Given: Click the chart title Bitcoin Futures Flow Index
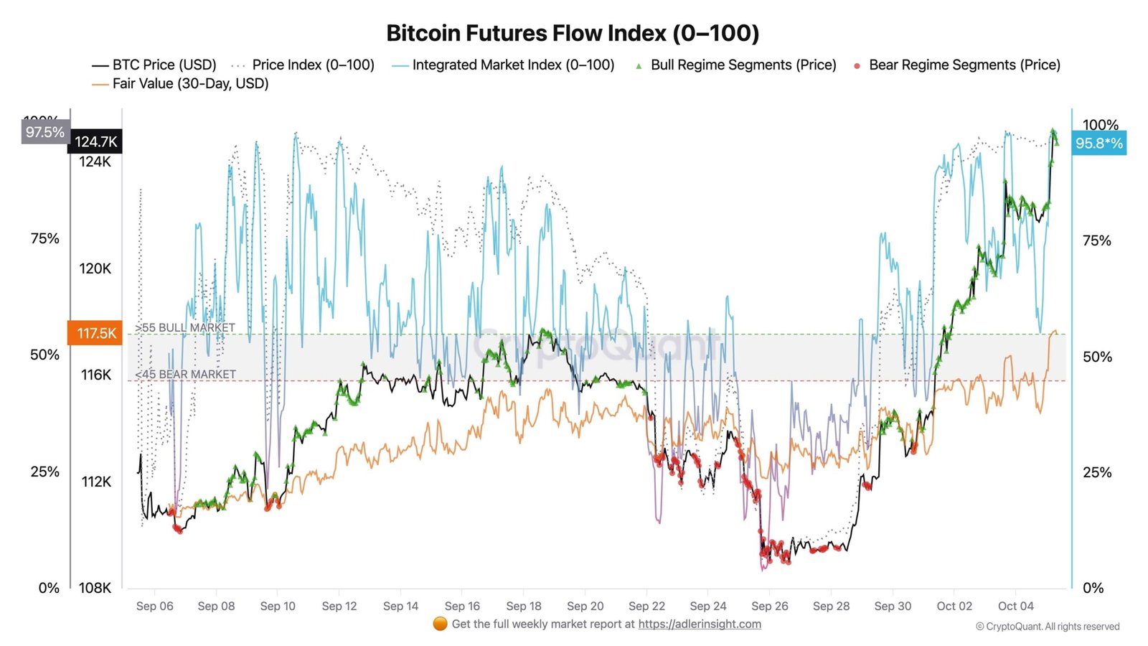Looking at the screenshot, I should [x=573, y=33].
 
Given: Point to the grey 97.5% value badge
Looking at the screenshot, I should [x=45, y=132].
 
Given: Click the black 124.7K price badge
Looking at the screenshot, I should [x=96, y=141].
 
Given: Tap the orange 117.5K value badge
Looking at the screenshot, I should [x=96, y=333].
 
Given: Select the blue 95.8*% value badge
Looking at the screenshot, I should [x=1098, y=144].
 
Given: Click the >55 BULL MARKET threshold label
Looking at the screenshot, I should [x=185, y=327].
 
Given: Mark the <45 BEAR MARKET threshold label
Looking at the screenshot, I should [x=185, y=374].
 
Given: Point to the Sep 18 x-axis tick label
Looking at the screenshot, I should [x=524, y=606].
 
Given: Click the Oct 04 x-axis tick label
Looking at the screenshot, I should [x=1015, y=606].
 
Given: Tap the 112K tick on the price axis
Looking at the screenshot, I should [x=96, y=482].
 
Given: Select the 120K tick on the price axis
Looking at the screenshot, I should [x=95, y=268].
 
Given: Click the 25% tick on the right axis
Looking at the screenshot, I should [x=1096, y=472].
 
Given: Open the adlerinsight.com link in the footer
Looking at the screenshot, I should [x=700, y=624].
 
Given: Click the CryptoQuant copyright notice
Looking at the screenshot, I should [x=1048, y=627].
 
